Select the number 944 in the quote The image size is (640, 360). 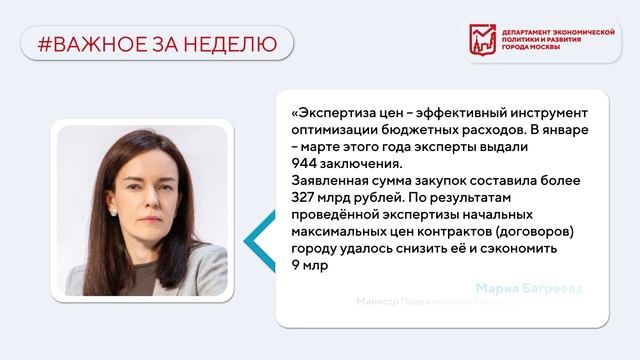coord(305,165)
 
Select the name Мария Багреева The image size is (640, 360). coord(529,290)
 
